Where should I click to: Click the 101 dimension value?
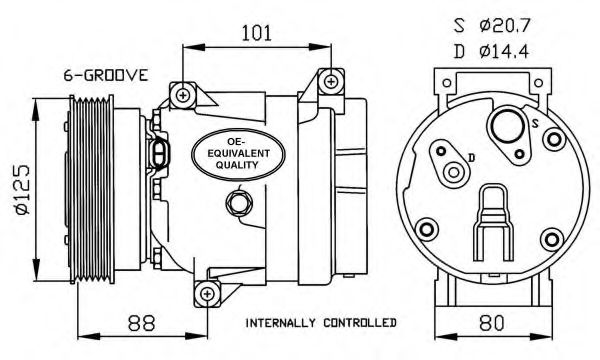(256, 33)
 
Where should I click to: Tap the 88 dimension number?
(142, 323)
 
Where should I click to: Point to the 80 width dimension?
(492, 323)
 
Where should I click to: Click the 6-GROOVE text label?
(105, 75)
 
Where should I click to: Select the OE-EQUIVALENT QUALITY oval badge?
(238, 154)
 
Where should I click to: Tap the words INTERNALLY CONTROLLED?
(321, 323)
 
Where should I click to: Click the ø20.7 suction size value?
(504, 26)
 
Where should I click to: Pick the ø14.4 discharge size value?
(504, 51)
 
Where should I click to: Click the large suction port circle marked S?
(508, 127)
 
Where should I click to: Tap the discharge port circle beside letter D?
(454, 172)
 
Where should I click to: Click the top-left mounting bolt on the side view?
(183, 94)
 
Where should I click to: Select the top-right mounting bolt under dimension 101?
(331, 81)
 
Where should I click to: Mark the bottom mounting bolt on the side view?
(207, 294)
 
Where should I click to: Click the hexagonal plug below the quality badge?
(238, 202)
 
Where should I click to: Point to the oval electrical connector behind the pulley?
(159, 154)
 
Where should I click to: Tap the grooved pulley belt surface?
(91, 191)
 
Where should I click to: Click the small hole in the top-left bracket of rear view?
(447, 83)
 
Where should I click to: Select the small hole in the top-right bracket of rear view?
(538, 83)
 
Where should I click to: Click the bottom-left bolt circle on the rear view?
(427, 230)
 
